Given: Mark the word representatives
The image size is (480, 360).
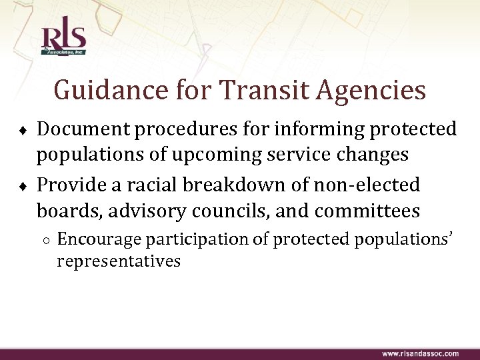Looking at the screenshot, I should (119, 261).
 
